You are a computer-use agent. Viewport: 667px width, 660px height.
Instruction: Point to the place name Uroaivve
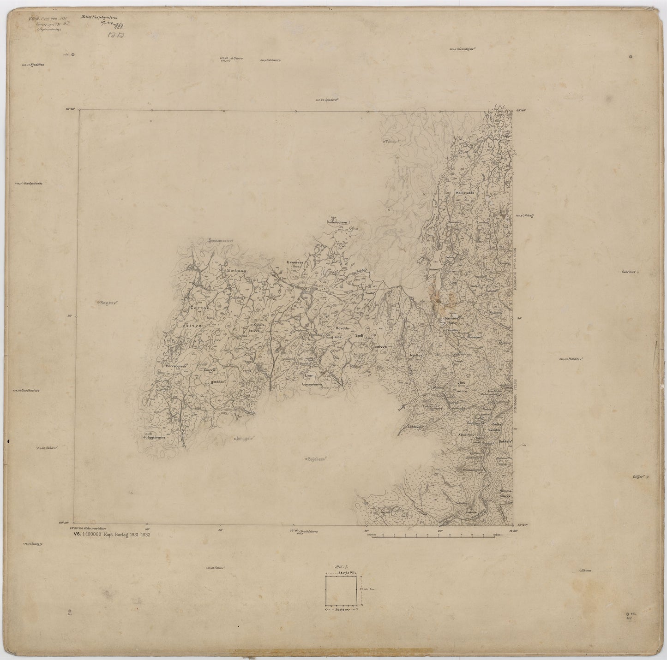[x=294, y=262]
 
